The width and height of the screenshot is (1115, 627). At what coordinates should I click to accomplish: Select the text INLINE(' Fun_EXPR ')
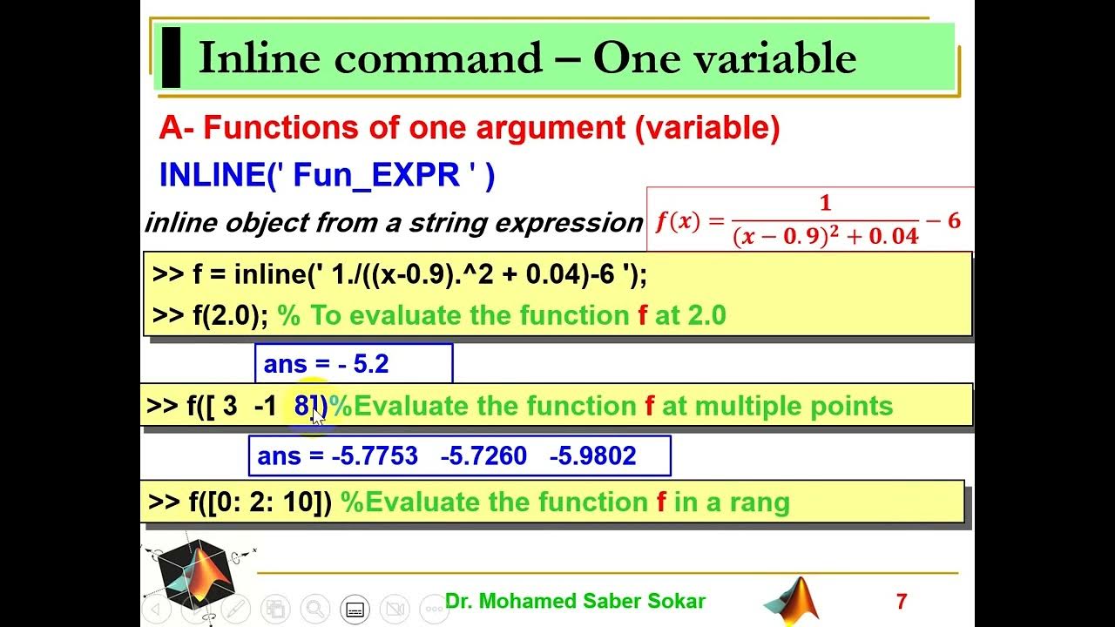point(327,175)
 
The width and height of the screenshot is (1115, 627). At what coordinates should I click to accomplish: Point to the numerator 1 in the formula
point(825,204)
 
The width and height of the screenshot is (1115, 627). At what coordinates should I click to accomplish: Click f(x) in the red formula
point(678,221)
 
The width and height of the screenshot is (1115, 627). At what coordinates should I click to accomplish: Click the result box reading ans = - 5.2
point(353,364)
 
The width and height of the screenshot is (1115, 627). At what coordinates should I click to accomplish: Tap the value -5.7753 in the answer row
point(375,456)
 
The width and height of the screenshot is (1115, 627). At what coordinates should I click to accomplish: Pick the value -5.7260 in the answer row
point(483,456)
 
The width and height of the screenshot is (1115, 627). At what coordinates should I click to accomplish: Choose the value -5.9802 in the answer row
point(592,456)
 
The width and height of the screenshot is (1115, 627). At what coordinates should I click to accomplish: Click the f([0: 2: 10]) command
point(240,502)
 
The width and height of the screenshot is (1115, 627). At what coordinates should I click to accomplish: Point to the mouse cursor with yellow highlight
point(317,415)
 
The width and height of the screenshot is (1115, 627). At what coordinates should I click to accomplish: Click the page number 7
point(902,601)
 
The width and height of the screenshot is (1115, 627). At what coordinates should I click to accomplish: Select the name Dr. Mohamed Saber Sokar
point(575,601)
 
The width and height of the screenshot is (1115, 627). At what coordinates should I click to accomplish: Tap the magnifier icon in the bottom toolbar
point(314,609)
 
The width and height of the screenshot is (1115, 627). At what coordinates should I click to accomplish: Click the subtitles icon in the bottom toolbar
point(355,609)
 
